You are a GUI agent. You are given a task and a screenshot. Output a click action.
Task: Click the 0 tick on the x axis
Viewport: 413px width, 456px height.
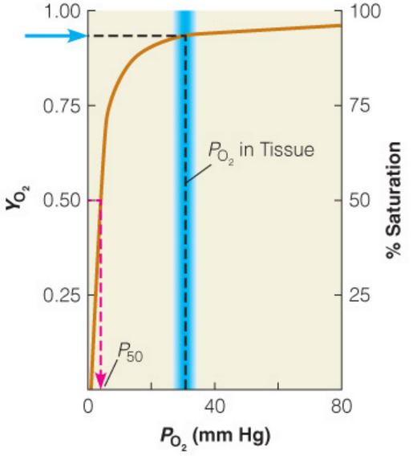[88, 405]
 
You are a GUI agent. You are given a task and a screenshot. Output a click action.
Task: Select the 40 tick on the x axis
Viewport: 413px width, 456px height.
[215, 405]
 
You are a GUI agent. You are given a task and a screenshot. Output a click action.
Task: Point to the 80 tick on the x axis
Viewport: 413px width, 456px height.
[342, 405]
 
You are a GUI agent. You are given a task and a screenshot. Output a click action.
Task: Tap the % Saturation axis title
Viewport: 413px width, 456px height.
[394, 200]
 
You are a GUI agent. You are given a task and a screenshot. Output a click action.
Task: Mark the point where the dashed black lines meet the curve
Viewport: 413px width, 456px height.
[185, 36]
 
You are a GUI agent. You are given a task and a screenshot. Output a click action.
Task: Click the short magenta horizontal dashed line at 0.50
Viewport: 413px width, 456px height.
[94, 201]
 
